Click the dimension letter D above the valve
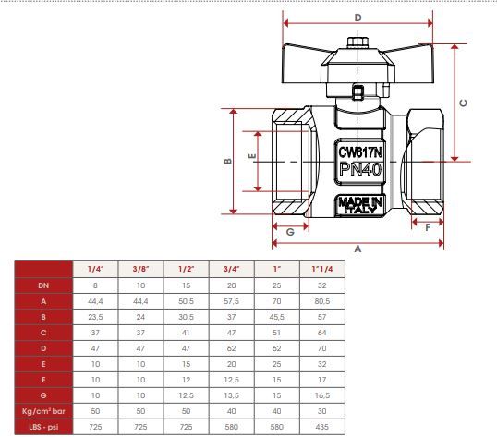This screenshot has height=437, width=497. pos(358,18)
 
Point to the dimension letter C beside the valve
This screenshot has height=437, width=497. pos(463,103)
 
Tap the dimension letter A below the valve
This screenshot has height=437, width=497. pos(358,249)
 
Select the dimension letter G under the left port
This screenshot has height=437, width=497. pos(290,232)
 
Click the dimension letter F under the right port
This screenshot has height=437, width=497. pos(428,227)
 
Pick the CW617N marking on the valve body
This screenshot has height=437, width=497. pos(360,152)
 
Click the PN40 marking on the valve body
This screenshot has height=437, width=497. pos(360,169)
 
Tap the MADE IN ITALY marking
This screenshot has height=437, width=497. pos(360,205)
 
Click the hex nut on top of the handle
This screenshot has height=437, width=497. pos(358,42)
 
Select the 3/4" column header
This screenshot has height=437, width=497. pos(231,269)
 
